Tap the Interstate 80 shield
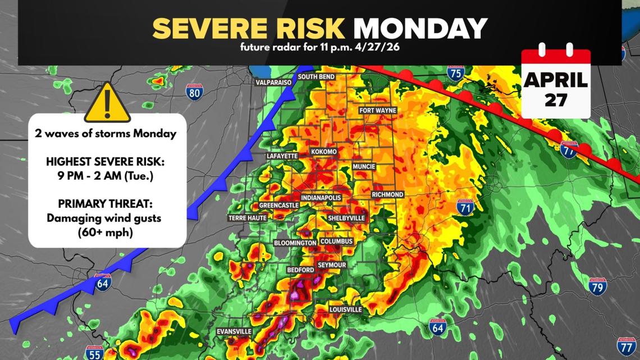pos(194,92)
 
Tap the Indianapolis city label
pos(321,198)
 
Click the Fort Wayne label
pos(378,111)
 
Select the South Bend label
pos(316,76)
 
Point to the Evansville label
pos(234,332)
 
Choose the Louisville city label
pos(346,309)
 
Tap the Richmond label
pos(387,194)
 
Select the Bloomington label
pos(295,243)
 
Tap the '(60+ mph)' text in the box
pos(107,231)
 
